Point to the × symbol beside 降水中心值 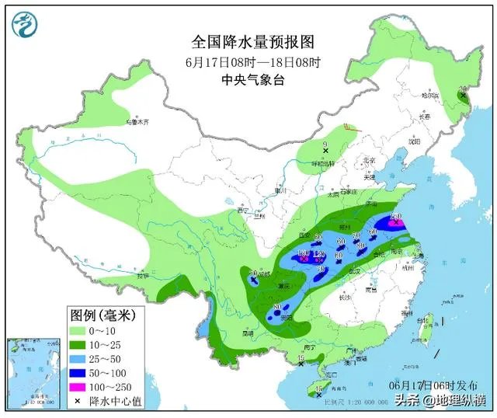[x=79, y=401]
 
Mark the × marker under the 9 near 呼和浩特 [x=326, y=150]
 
